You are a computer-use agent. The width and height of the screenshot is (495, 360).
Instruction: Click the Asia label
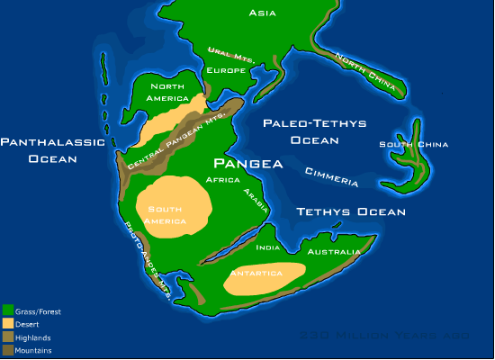pos(262,13)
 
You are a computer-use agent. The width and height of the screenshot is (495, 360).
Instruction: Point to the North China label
pos(368,69)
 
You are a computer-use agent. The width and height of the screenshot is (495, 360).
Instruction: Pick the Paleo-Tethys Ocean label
pos(301,131)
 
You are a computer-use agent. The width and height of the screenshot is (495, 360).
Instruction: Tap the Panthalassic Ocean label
pos(51,149)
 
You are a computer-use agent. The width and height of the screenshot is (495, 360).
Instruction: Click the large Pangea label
pos(247,165)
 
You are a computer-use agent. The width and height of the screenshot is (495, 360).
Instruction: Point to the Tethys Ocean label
pos(351,212)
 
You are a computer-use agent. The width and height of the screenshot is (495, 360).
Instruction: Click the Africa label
pos(222,180)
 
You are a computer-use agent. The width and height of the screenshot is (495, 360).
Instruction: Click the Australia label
pos(334,252)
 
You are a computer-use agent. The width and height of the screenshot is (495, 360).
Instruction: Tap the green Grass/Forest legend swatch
pos(7,311)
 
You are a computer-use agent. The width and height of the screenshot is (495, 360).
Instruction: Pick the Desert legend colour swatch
pos(7,324)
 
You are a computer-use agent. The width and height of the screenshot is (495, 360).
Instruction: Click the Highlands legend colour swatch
pos(7,337)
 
